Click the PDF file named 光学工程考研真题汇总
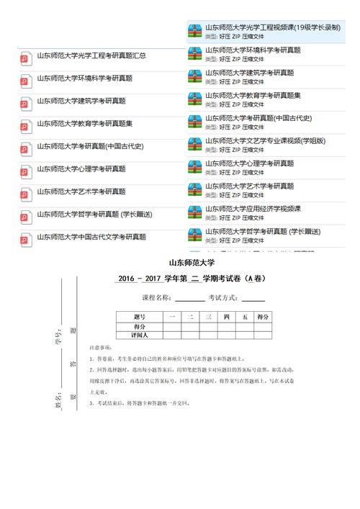tap(91, 55)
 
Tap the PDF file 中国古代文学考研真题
tap(91, 236)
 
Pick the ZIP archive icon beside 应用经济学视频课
tap(194, 212)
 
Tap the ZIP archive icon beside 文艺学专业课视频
tap(194, 144)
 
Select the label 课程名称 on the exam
tap(157, 297)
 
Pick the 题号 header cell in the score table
tap(139, 317)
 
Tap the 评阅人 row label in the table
tap(139, 335)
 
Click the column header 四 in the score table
tap(227, 317)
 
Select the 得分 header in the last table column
tap(263, 317)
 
